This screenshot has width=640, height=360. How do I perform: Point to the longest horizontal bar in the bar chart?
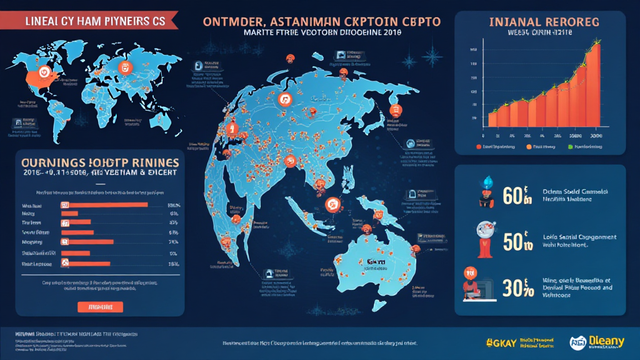pyautogui.click(x=104, y=204)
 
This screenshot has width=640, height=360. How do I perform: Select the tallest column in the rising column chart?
pyautogui.click(x=594, y=87)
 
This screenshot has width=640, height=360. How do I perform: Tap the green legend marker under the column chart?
pyautogui.click(x=570, y=147)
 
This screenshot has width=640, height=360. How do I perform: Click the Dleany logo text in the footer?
pyautogui.click(x=604, y=341)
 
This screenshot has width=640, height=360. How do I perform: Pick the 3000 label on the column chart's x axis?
pyautogui.click(x=596, y=135)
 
